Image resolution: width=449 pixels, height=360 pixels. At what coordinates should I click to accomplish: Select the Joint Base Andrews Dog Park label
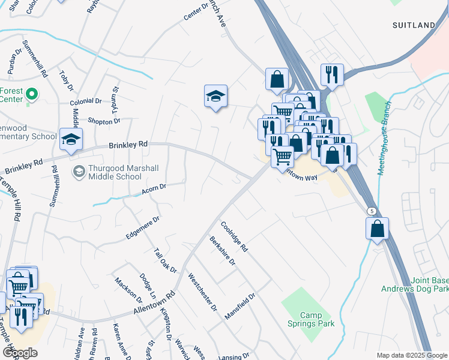(415, 284)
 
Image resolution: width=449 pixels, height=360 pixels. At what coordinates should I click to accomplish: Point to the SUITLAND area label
(414, 25)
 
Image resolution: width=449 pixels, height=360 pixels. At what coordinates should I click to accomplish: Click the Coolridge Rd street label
(234, 236)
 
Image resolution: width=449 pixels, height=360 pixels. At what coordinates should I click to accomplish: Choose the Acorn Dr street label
(154, 189)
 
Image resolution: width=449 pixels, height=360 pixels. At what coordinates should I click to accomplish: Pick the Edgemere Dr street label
(143, 229)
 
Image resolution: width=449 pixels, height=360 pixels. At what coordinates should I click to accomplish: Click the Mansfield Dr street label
(240, 305)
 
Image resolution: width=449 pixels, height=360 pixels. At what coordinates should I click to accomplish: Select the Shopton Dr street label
(104, 121)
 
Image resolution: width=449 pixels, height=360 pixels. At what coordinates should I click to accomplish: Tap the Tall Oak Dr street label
(165, 260)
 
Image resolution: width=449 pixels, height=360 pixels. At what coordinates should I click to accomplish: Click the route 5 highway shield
(372, 211)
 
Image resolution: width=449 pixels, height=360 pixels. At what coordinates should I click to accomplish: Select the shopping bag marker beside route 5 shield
(377, 229)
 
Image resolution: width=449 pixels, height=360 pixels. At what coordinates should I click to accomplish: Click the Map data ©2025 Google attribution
(411, 355)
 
